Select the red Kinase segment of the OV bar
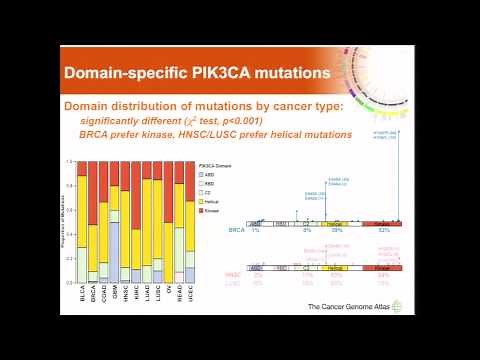pyautogui.click(x=168, y=192)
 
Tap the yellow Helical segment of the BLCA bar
pyautogui.click(x=81, y=211)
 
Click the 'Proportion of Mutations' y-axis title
pyautogui.click(x=65, y=225)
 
